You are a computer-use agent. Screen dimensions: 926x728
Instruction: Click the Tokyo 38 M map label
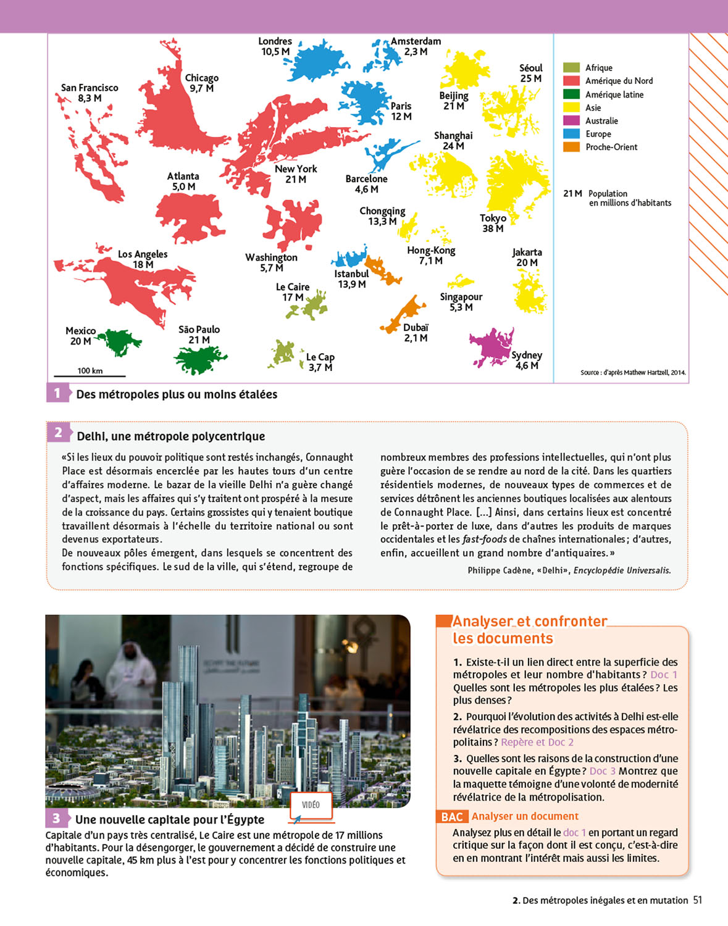pyautogui.click(x=493, y=223)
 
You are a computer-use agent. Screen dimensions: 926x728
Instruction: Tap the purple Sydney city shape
pyautogui.click(x=491, y=346)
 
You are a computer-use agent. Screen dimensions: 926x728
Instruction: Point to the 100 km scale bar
pyautogui.click(x=90, y=375)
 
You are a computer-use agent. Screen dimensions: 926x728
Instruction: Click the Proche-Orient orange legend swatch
pyautogui.click(x=571, y=147)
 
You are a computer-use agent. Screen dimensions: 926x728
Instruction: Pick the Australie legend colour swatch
pyautogui.click(x=571, y=121)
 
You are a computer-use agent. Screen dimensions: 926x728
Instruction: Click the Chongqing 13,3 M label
pyautogui.click(x=382, y=215)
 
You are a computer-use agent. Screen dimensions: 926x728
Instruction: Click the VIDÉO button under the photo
pyautogui.click(x=311, y=805)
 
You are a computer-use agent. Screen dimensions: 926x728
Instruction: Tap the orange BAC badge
pyautogui.click(x=451, y=817)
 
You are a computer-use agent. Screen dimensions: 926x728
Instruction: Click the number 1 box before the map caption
pyautogui.click(x=57, y=393)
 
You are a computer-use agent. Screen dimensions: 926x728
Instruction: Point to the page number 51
pyautogui.click(x=698, y=900)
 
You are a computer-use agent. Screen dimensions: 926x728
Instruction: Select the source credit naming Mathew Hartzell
pyautogui.click(x=632, y=372)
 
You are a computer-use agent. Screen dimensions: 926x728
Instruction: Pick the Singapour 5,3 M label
pyautogui.click(x=461, y=302)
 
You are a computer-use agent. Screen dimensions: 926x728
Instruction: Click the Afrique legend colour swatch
pyautogui.click(x=571, y=68)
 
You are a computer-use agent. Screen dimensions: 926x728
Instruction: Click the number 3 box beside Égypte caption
pyautogui.click(x=56, y=819)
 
